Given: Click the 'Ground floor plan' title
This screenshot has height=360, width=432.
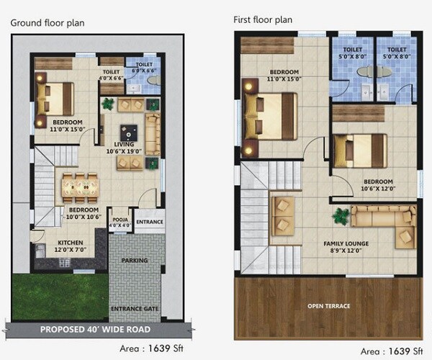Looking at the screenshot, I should (47, 22).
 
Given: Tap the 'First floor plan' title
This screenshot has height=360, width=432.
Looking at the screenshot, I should (263, 19).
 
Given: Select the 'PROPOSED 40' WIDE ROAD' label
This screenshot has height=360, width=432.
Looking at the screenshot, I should (95, 329).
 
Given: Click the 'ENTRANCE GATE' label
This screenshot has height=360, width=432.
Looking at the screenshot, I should (135, 309).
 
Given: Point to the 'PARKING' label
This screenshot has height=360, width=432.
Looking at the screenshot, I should (135, 260).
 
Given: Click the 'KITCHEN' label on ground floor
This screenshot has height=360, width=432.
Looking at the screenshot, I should (71, 243).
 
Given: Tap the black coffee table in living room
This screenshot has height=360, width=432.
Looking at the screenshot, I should (130, 132).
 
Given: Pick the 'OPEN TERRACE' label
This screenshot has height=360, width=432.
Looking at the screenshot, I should (329, 306).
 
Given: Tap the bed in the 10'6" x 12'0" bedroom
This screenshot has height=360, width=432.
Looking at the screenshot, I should (366, 150).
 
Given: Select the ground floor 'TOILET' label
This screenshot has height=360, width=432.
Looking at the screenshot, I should (111, 72).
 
